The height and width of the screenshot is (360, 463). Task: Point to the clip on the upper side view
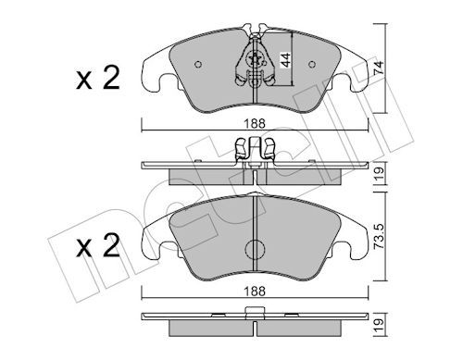coord(255,147)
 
